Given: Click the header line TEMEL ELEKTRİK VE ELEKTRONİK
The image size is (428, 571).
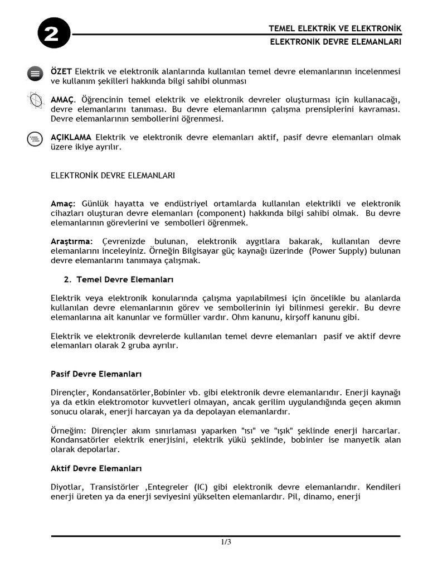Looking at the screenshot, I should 334,28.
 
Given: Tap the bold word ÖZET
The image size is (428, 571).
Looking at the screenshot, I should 61,71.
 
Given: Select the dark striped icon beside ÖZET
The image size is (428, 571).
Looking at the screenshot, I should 35,74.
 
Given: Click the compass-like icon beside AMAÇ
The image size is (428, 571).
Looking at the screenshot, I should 35,101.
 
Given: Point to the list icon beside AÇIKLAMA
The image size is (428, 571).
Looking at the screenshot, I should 35,139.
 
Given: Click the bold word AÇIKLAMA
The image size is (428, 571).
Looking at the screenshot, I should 72,137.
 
